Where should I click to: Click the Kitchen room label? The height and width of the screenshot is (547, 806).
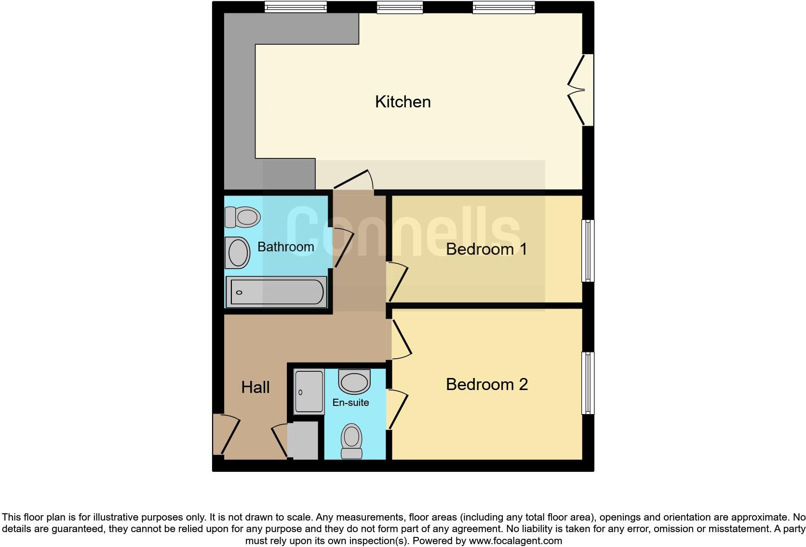point(403,102)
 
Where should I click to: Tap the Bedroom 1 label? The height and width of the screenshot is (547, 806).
point(486,249)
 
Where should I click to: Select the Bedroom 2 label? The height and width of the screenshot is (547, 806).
point(486,384)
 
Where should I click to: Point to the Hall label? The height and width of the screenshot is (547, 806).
point(255,387)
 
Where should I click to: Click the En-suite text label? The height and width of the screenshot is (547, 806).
point(350,403)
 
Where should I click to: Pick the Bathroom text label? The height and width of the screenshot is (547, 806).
point(285,247)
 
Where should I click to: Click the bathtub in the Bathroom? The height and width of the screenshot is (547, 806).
point(277,292)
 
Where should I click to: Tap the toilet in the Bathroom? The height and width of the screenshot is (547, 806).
point(242,217)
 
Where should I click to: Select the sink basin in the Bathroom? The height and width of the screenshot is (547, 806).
point(238,253)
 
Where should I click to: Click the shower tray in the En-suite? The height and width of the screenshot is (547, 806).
point(309,392)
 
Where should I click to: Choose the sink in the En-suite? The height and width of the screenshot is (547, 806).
point(354,381)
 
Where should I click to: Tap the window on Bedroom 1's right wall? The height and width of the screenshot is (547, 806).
point(588,250)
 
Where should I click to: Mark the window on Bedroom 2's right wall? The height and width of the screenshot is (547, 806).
point(588,383)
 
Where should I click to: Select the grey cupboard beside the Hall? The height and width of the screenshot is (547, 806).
point(303,440)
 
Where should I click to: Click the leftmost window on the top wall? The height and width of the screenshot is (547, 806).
point(296,7)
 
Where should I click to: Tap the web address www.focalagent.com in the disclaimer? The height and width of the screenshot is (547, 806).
point(515,541)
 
